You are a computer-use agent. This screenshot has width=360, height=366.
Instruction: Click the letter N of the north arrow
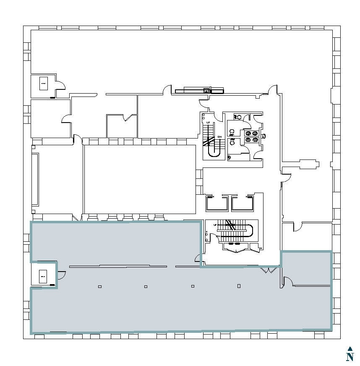click(x=350, y=357)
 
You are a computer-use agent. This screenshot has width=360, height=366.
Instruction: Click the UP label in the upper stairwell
click(x=208, y=122)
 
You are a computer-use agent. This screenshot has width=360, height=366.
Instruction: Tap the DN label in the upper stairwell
click(x=219, y=137)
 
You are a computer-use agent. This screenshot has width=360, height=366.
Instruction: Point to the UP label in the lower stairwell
click(x=215, y=225)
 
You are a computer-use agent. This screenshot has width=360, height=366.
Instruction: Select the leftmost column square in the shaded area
click(x=100, y=287)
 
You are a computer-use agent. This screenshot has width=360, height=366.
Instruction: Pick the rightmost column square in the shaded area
click(x=239, y=286)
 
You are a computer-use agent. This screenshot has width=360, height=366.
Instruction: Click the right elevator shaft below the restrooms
click(x=243, y=204)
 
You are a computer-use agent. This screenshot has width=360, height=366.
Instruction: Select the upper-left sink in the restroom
click(x=248, y=133)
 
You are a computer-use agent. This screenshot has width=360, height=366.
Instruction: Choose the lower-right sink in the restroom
click(x=255, y=139)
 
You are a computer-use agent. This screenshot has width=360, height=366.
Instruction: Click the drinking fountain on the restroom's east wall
click(x=263, y=136)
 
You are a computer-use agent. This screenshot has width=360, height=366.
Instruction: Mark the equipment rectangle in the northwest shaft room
click(x=43, y=84)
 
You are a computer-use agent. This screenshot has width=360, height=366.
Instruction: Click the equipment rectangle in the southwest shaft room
click(x=43, y=277)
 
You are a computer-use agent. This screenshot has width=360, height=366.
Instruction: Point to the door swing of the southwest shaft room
click(x=61, y=276)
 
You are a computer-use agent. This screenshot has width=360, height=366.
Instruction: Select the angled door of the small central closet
click(x=126, y=118)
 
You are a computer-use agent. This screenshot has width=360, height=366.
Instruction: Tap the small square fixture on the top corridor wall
click(x=206, y=90)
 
